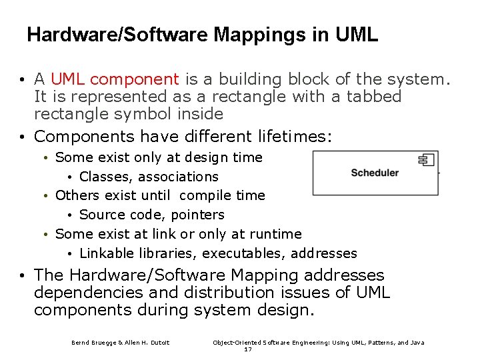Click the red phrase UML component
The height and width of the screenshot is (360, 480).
point(115,79)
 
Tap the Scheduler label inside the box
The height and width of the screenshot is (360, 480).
point(374,173)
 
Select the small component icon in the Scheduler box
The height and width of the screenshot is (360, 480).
point(426,159)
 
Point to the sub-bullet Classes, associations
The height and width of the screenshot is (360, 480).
point(149,177)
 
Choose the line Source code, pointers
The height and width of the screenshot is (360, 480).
point(151,215)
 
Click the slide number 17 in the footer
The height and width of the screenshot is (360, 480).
point(247,349)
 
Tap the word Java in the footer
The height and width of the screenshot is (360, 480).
point(417,343)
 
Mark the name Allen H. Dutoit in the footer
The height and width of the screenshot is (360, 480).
point(147,343)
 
